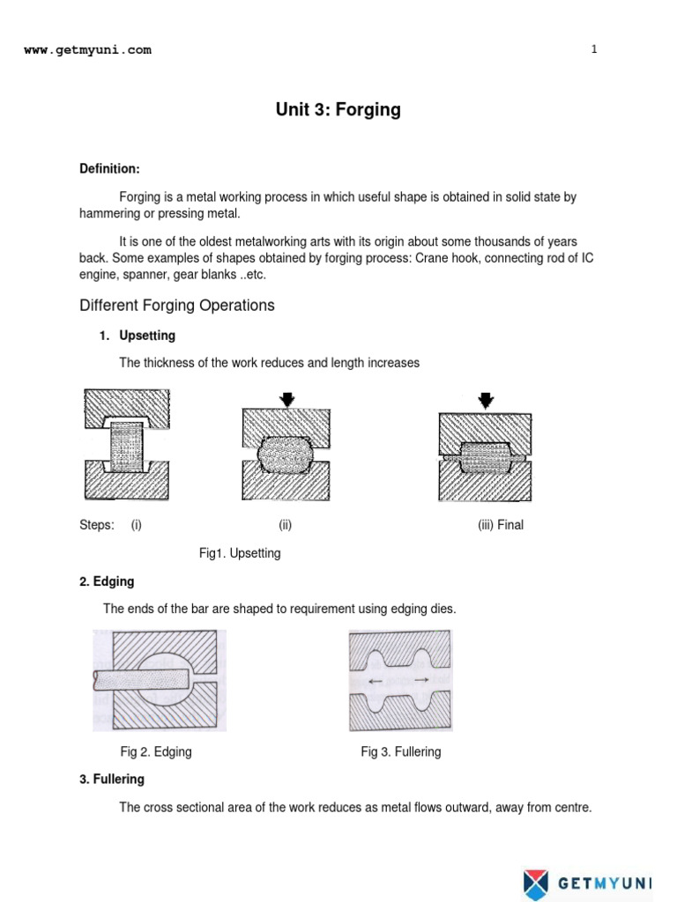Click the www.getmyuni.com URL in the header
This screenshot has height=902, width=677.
click(x=87, y=50)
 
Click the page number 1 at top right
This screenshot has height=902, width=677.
click(x=594, y=49)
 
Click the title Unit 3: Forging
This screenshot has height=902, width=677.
click(x=338, y=110)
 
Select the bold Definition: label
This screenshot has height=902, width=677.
click(x=109, y=168)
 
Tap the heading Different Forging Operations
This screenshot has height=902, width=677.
click(x=177, y=306)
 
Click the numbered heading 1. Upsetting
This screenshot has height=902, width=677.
click(x=137, y=336)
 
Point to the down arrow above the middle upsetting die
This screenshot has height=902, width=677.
click(x=286, y=399)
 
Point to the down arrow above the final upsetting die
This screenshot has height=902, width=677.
click(x=484, y=400)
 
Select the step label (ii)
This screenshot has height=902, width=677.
click(x=285, y=525)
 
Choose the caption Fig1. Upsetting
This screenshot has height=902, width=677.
click(x=240, y=553)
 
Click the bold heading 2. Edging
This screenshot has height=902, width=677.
click(x=107, y=581)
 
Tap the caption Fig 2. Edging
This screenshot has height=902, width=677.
click(x=156, y=751)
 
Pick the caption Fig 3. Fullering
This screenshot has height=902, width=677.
click(x=400, y=751)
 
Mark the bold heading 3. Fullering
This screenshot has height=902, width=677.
click(x=112, y=780)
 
